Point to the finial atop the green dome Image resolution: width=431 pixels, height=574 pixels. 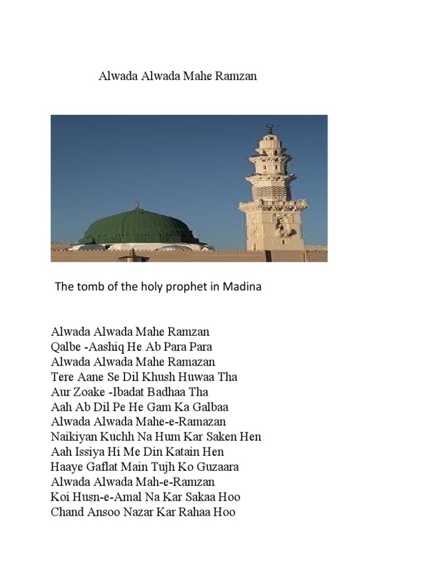tap(135, 205)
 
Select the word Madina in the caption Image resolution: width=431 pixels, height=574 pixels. tap(243, 287)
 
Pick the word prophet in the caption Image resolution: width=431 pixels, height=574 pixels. tap(192, 287)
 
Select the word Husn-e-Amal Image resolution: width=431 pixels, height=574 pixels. tap(104, 497)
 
